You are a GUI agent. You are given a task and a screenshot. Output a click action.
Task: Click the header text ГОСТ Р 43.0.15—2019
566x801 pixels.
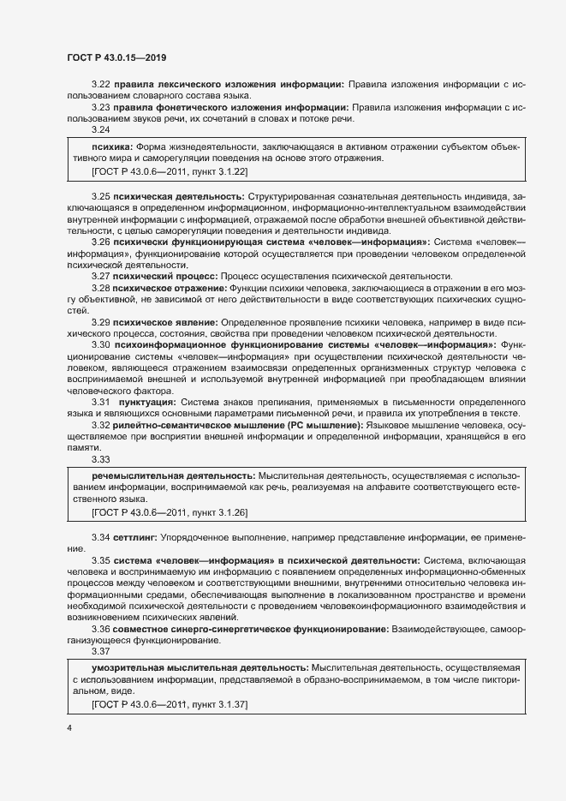point(116,58)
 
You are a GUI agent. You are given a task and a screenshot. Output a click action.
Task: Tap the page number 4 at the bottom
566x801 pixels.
point(69,727)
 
